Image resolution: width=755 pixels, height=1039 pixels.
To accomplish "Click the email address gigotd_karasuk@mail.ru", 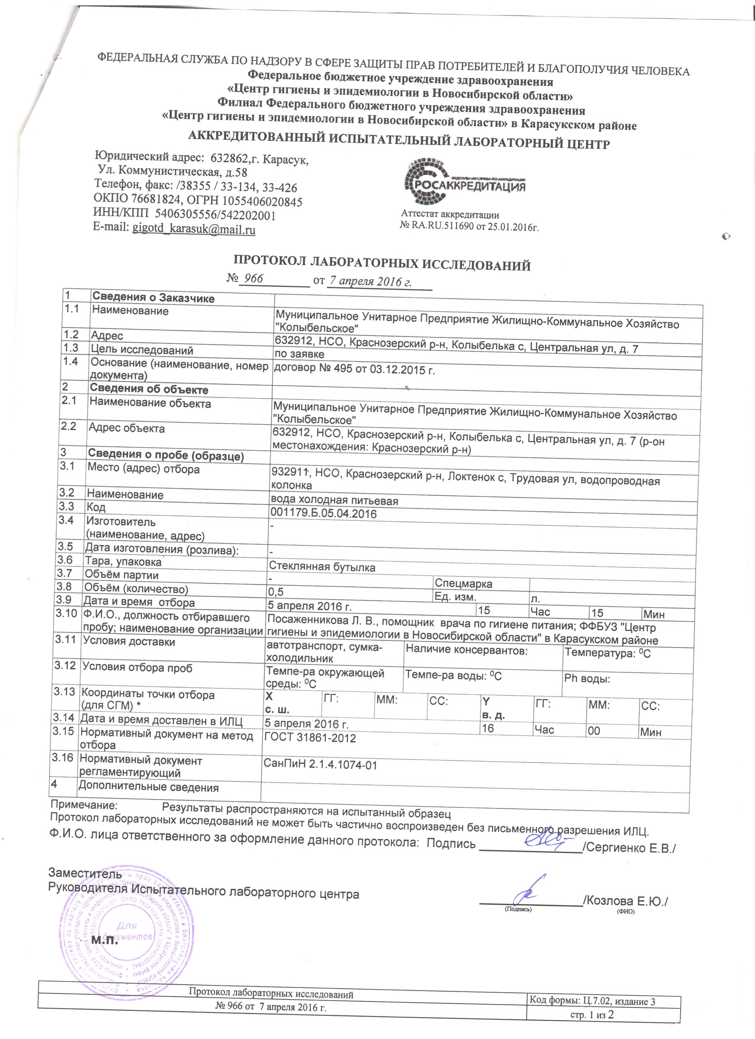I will point(194,229).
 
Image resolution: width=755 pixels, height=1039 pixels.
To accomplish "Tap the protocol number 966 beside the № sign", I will point(253,278).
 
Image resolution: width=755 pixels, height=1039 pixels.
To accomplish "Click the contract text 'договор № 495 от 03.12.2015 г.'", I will point(354,369).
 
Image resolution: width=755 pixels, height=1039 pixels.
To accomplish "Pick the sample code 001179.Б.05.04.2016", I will point(323,513).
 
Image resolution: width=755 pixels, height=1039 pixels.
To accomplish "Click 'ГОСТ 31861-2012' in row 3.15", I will point(310,737).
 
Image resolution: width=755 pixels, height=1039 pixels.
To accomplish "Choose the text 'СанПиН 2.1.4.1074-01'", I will point(320,765).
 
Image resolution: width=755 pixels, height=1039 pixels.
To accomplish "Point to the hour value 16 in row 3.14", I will point(488,728).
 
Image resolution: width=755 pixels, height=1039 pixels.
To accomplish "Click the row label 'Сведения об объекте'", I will point(149,389).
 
